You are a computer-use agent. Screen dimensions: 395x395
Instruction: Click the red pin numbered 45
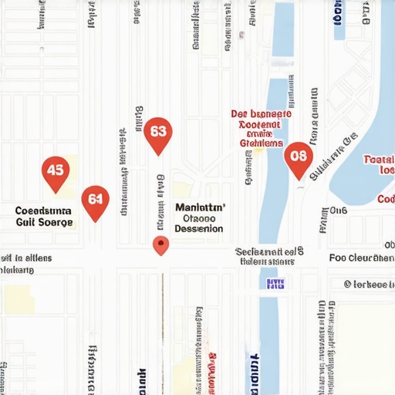tap(54, 170)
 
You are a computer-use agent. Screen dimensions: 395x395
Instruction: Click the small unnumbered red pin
tap(160, 245)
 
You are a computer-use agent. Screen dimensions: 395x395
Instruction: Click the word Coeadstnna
tap(43, 210)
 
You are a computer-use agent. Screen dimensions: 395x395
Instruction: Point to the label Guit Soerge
tap(45, 222)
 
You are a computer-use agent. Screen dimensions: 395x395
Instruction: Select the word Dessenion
tap(199, 229)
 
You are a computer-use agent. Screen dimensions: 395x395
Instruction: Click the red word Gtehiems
tap(262, 143)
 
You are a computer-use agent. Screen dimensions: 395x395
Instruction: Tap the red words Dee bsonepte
tap(262, 114)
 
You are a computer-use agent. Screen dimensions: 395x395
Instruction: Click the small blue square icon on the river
tap(275, 284)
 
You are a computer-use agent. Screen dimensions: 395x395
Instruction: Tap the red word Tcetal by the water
tap(379, 159)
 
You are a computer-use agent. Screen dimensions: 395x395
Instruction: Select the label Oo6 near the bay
tap(339, 210)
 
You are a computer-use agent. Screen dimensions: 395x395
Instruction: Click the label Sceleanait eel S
tap(269, 252)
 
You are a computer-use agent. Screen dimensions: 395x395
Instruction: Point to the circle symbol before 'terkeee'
tap(348, 284)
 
